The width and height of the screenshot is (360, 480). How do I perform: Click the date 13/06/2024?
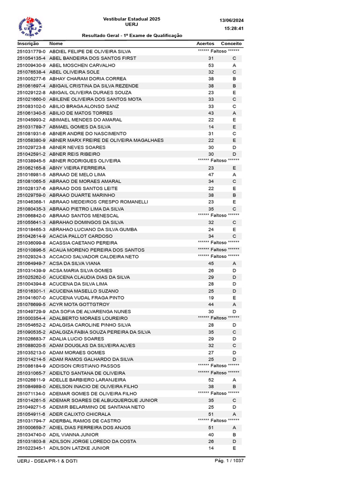pyautogui.click(x=232, y=21)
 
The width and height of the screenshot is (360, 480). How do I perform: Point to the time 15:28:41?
pyautogui.click(x=234, y=29)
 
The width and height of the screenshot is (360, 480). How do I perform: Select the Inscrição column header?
pyautogui.click(x=28, y=43)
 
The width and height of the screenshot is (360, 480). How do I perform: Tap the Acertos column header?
pyautogui.click(x=205, y=43)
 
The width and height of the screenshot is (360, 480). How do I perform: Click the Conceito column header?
pyautogui.click(x=231, y=43)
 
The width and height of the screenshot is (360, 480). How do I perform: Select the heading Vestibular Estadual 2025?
pyautogui.click(x=132, y=19)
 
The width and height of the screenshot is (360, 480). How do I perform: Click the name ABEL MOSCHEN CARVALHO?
pyautogui.click(x=82, y=65)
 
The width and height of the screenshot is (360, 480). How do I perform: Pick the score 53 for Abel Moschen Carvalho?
pyautogui.click(x=211, y=65)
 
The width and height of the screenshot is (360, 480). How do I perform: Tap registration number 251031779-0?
pyautogui.click(x=31, y=52)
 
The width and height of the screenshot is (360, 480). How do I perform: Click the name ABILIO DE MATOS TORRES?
pyautogui.click(x=81, y=113)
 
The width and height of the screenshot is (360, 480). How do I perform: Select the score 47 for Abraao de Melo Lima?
pyautogui.click(x=211, y=174)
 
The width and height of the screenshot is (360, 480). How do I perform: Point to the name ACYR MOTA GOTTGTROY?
pyautogui.click(x=79, y=304)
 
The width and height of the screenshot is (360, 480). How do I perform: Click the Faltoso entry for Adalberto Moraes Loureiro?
pyautogui.click(x=218, y=318)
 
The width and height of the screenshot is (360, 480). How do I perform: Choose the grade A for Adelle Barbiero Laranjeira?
pyautogui.click(x=234, y=380)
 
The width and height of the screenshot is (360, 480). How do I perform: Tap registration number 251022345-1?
pyautogui.click(x=31, y=448)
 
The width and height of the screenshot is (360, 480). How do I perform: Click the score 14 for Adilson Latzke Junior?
pyautogui.click(x=211, y=448)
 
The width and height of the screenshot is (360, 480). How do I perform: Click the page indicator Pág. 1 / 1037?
pyautogui.click(x=229, y=461)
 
